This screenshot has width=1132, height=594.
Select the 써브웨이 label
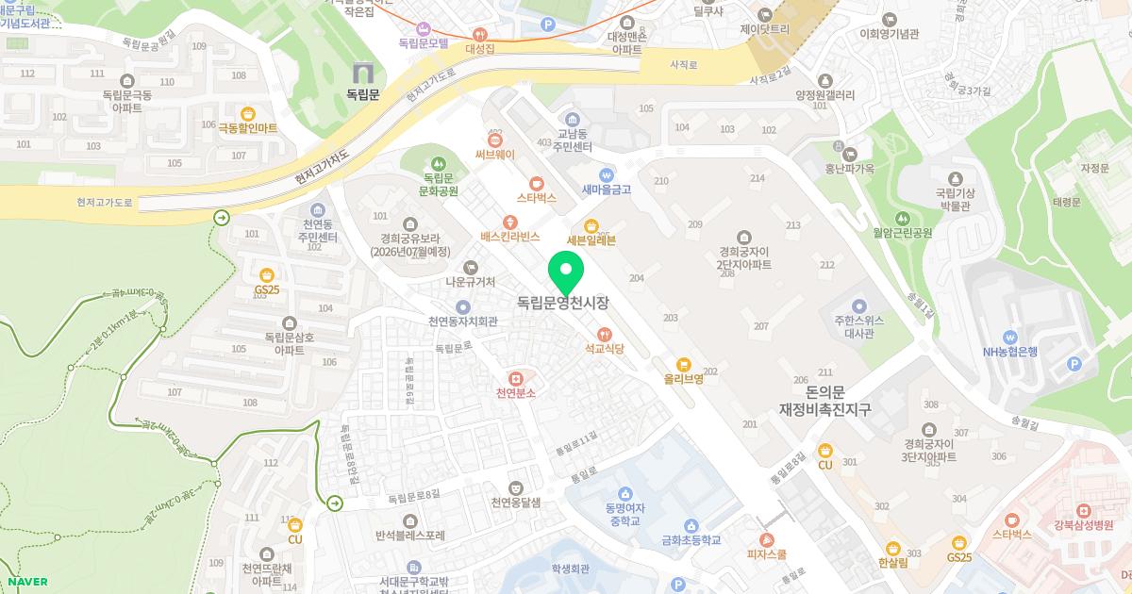coord(494,154)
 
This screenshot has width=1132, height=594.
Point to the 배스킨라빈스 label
coord(509,236)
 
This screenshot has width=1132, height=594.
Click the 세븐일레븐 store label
coord(591,239)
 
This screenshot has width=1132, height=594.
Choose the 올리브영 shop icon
coord(685,365)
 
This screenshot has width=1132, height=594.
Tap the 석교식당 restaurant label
coord(605,348)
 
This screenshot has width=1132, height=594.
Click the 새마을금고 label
coord(606,189)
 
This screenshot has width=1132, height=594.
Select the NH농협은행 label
coord(1009,352)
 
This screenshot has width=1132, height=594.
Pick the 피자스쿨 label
coord(767,554)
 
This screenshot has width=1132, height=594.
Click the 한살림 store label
coord(892,563)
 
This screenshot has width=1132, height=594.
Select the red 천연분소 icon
coord(515,377)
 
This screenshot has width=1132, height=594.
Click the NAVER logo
coord(26,582)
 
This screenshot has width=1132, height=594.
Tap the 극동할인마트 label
coord(248,127)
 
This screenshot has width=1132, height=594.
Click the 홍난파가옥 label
coord(851,170)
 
